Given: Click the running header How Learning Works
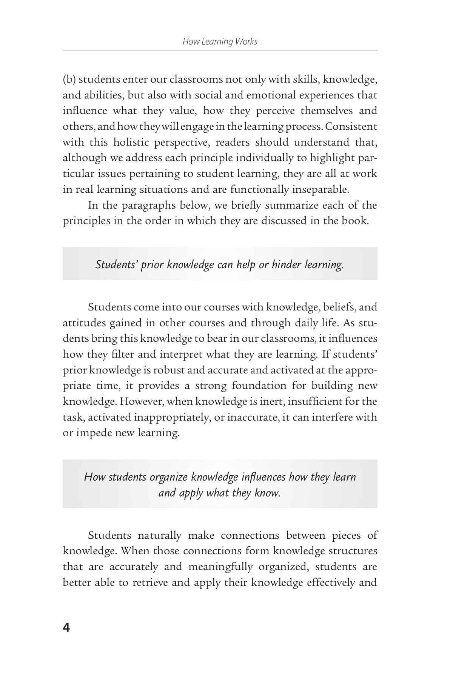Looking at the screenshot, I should point(220,41).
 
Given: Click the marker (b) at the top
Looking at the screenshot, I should point(69,80).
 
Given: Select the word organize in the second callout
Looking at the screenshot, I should point(168,477).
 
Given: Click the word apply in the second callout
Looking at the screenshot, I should point(190,493).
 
